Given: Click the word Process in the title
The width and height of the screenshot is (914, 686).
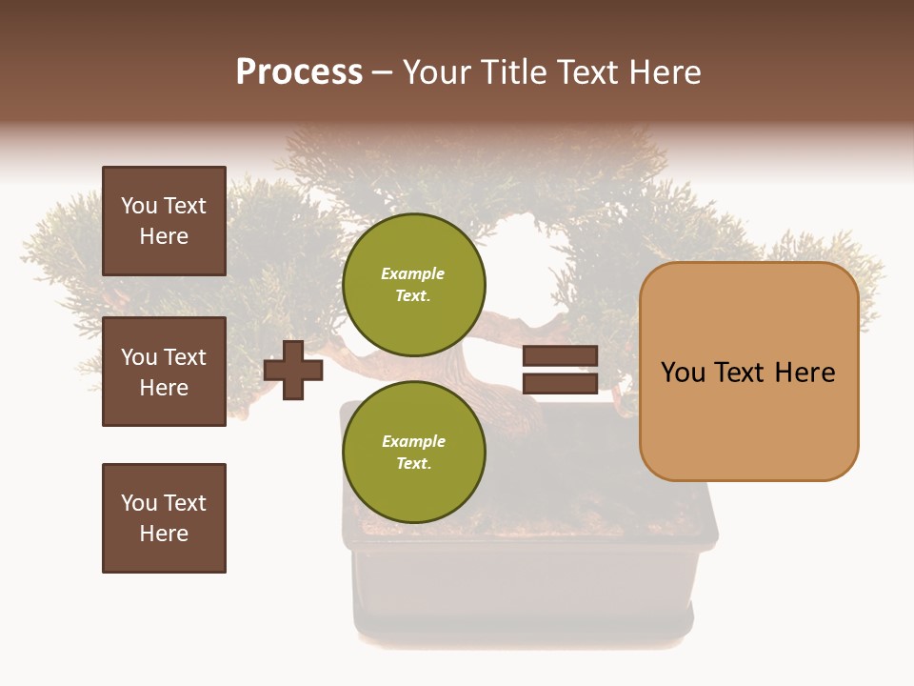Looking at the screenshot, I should pos(299,72).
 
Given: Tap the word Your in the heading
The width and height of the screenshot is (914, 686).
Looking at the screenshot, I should pos(439,72).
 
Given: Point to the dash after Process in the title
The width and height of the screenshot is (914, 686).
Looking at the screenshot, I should pos(383,73).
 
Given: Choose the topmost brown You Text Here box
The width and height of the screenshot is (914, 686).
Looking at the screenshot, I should pos(164,221).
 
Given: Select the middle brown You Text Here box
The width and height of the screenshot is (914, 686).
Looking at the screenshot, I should pos(164,372).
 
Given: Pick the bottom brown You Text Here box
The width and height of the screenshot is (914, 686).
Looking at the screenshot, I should pos(164,518).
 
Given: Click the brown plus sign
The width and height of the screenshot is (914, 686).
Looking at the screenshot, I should pos(293,371).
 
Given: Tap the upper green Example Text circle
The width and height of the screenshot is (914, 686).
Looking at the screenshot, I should pos(413,284).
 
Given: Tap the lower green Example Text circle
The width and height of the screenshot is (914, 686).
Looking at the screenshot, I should pos(413,452).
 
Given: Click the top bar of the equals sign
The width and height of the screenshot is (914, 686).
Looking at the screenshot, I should pos(560,356).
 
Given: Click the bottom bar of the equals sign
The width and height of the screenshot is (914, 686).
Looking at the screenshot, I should pos(560,383).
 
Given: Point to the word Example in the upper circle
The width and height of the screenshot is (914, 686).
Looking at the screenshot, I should pos(413,273).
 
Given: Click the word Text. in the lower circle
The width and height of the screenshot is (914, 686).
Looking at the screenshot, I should pos(413,463).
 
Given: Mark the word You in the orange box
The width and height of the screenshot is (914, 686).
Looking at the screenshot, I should pos(683,373).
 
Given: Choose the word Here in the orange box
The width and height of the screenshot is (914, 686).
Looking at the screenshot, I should pos(805,373).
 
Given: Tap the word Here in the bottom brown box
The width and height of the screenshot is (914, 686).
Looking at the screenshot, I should pos(164,534).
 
